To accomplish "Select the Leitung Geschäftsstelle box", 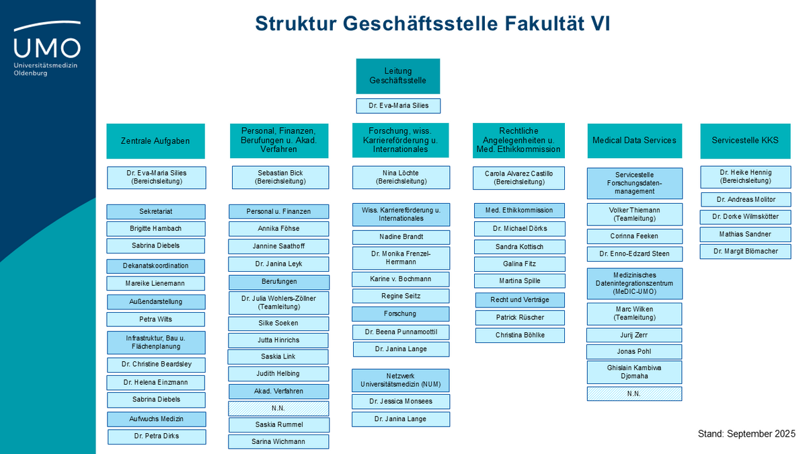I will coord(397,75).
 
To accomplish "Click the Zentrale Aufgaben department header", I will coord(155,141).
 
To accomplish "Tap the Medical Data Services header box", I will coord(634,141).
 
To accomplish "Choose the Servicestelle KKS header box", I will coord(745,141).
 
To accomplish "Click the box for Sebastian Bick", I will coord(280,178).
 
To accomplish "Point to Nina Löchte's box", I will coord(401,178).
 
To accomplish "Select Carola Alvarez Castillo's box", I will coord(518,178).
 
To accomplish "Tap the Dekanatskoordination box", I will coord(155,266).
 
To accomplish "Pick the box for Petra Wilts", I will coord(155,319).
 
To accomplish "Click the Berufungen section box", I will coord(279,282).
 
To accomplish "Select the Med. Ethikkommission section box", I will coord(519,211).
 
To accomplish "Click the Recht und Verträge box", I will coord(520,300).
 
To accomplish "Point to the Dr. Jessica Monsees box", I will coord(401,402).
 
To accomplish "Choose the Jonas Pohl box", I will coord(634,352).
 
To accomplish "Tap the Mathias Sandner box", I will coord(745,234).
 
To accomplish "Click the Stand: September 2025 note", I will coord(746,434).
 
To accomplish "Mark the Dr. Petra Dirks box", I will coord(157,437).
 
